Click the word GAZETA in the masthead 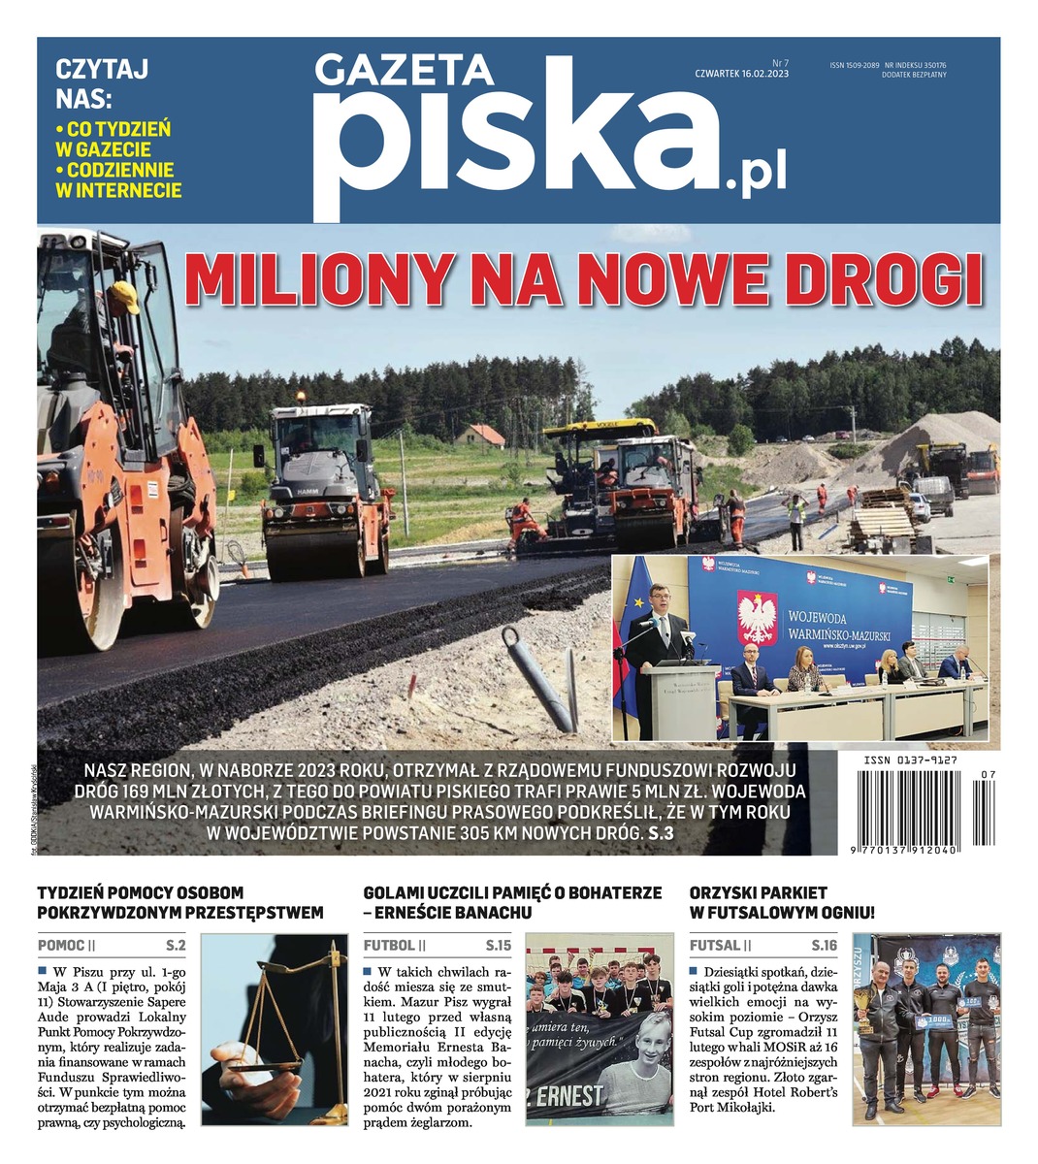[405, 70]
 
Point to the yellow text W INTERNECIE [118, 190]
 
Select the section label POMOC [60, 945]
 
